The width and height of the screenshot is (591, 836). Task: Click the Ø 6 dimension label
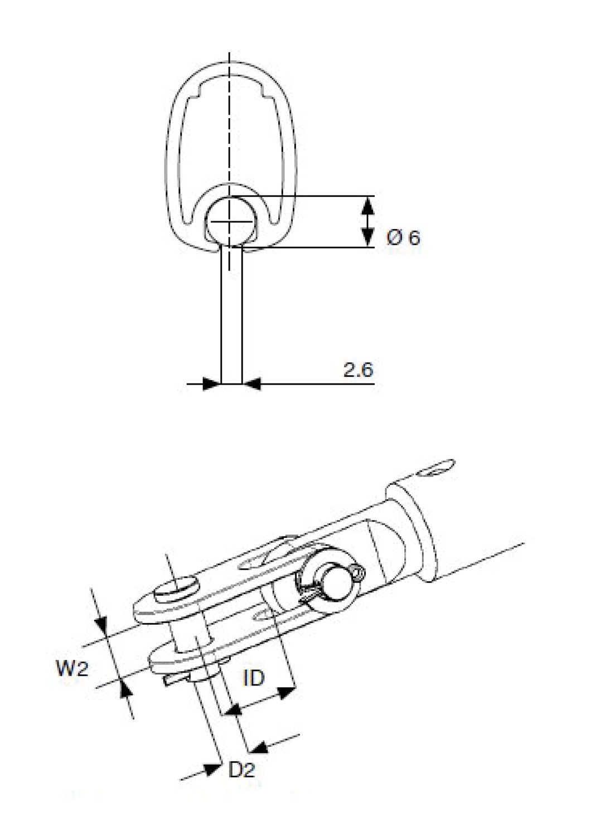(x=404, y=239)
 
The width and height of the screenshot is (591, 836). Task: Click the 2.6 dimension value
(x=358, y=370)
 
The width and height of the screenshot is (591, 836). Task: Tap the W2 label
(x=72, y=668)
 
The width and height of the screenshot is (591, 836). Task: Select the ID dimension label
(x=254, y=678)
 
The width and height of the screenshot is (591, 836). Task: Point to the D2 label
(x=242, y=770)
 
